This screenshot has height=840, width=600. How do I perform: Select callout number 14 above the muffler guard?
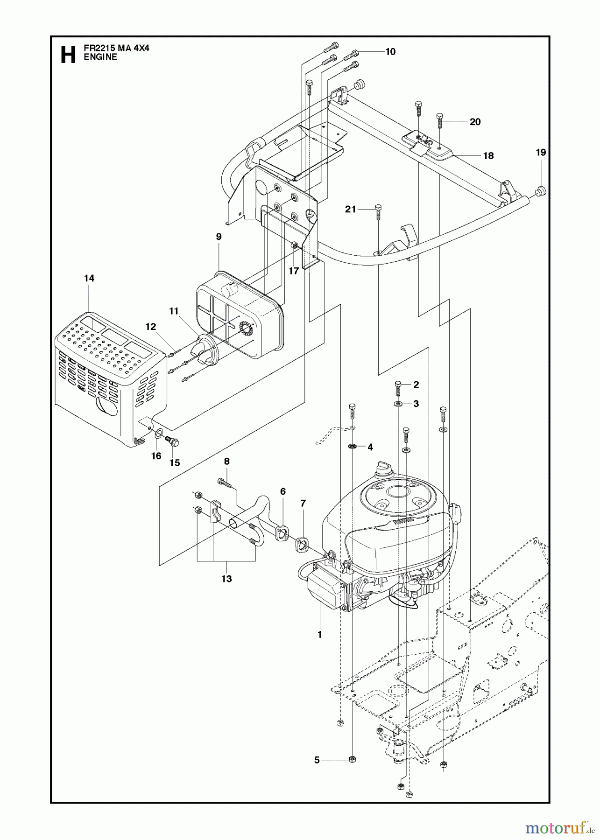89,278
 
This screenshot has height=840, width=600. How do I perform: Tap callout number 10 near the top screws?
390,52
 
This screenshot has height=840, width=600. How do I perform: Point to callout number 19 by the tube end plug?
541,152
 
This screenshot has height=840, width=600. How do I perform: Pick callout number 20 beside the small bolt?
475,122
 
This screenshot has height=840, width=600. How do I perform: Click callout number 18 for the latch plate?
488,156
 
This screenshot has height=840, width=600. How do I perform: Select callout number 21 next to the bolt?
351,210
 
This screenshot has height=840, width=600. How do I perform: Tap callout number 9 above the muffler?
219,237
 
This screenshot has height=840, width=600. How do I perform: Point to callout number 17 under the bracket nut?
293,271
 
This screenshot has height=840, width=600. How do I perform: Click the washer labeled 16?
159,435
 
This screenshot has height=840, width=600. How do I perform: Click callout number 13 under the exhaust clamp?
226,579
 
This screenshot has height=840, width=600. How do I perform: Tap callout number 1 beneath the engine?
319,634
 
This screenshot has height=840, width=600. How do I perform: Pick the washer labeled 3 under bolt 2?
397,403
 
